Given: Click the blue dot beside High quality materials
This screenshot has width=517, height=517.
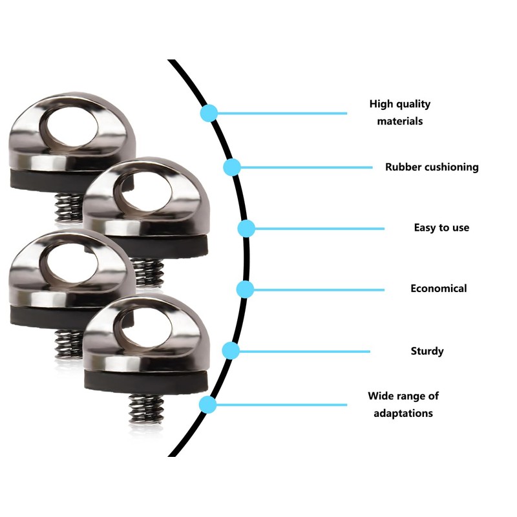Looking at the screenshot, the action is (x=208, y=113).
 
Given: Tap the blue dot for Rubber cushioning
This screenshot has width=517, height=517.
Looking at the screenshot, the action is (x=232, y=167).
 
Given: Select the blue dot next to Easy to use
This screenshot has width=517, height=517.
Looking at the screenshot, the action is (x=246, y=228).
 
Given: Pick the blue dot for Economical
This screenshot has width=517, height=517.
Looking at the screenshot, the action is (x=244, y=289).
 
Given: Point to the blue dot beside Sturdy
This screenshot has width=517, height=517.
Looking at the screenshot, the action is (x=231, y=351).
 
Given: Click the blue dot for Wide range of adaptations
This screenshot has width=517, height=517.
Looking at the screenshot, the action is (x=207, y=405).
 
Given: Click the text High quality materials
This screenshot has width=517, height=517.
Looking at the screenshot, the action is (x=399, y=112).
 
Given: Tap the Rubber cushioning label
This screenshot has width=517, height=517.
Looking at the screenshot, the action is (x=432, y=167).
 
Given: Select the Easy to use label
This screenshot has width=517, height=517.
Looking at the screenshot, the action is (x=441, y=227).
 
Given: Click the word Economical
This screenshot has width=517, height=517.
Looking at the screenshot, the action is (x=438, y=288).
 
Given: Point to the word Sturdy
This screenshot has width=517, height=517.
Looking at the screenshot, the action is (x=427, y=351).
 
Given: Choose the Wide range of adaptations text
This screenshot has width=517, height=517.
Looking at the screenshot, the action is (x=403, y=404).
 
